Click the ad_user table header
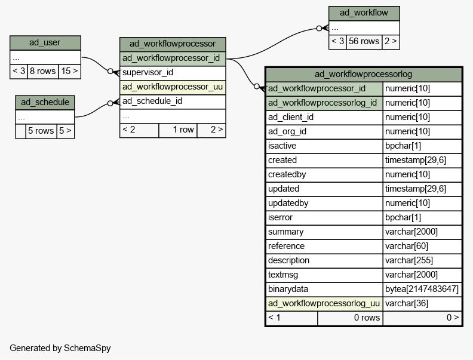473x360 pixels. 45,43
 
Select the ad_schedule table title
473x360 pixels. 45,103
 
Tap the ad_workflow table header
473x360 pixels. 364,13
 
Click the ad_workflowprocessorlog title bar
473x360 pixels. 364,74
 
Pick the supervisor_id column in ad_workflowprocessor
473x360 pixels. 173,73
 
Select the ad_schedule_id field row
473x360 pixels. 173,101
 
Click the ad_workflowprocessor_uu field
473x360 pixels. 173,87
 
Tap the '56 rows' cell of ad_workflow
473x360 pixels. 364,42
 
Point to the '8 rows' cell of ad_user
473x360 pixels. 43,72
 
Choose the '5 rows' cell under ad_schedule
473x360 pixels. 41,131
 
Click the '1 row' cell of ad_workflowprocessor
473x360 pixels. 178,130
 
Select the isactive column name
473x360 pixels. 282,146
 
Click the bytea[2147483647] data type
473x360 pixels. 422,289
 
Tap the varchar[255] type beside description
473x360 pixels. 408,260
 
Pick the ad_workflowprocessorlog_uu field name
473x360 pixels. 324,304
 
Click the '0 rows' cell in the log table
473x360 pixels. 350,318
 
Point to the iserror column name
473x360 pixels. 280,217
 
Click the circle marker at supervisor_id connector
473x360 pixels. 110,72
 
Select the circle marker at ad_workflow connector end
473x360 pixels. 319,28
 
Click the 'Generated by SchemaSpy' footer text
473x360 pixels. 60,348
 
